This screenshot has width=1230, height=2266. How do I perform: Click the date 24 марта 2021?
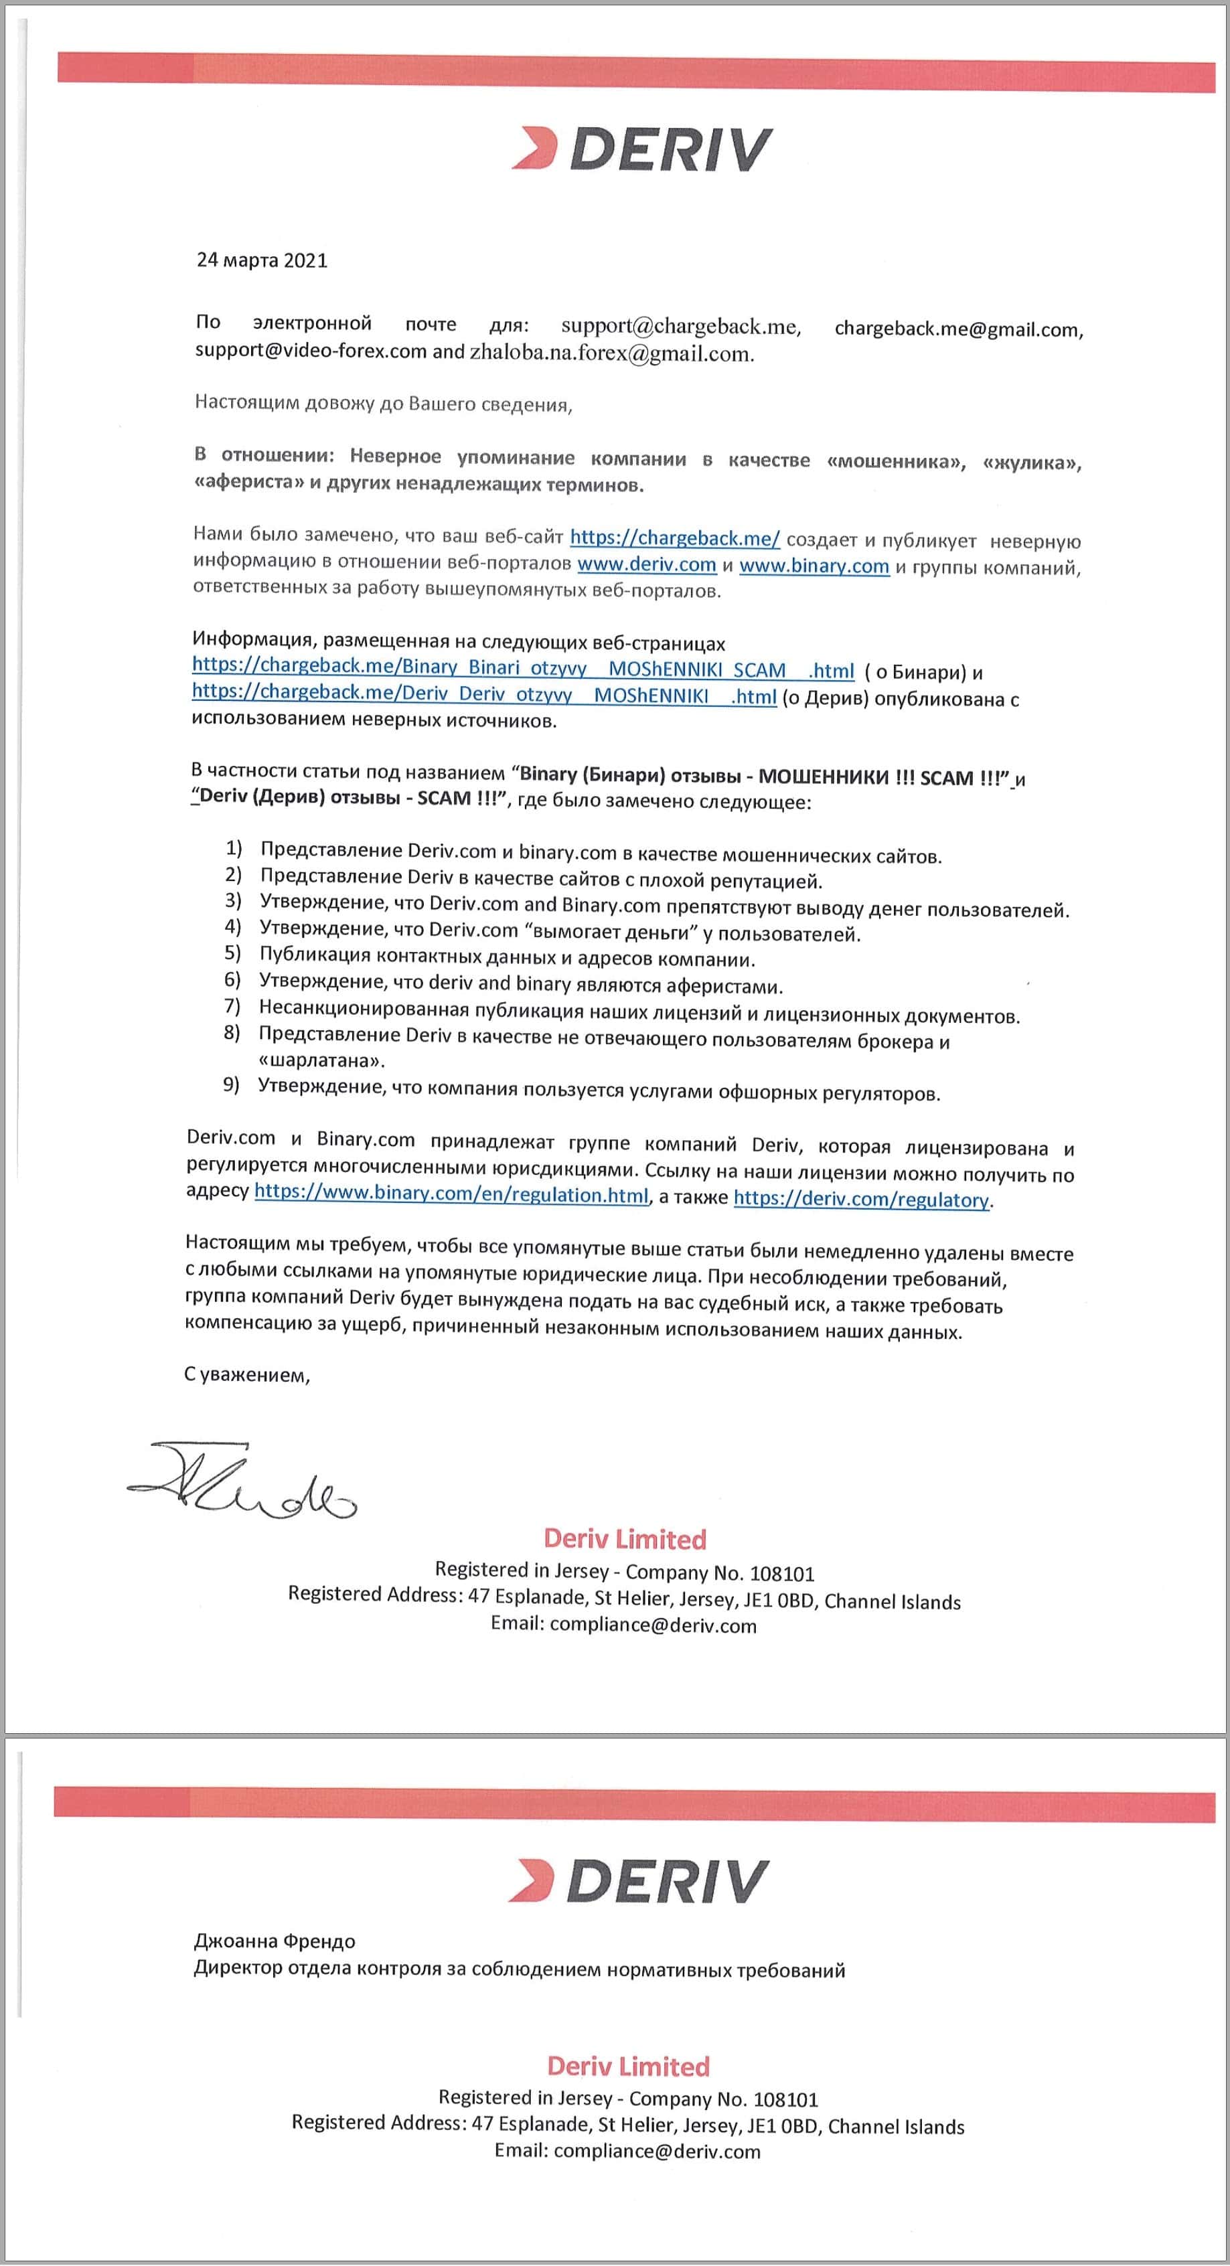(x=261, y=260)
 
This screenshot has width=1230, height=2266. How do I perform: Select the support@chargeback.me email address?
(x=681, y=327)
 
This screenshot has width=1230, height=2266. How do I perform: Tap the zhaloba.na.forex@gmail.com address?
(x=611, y=355)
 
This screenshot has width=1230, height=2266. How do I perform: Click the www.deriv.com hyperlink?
(x=645, y=565)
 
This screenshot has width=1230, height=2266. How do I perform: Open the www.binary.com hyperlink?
(x=814, y=566)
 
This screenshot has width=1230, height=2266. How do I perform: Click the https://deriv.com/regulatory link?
(x=860, y=1199)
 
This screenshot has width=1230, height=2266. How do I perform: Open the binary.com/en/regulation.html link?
(x=451, y=1194)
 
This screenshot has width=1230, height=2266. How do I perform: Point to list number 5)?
(x=232, y=953)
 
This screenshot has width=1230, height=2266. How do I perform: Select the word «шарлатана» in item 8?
(x=322, y=1061)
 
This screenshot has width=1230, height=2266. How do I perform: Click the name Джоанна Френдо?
(x=275, y=1941)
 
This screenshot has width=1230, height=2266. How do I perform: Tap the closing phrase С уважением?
(x=247, y=1375)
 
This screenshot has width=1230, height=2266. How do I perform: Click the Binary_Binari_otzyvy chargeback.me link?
(x=523, y=669)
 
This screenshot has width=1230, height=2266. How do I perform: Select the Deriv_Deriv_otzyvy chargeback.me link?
(x=484, y=695)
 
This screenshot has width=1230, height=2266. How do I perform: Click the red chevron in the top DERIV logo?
(x=535, y=148)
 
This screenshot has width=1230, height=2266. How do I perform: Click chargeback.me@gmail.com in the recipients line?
(x=958, y=330)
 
